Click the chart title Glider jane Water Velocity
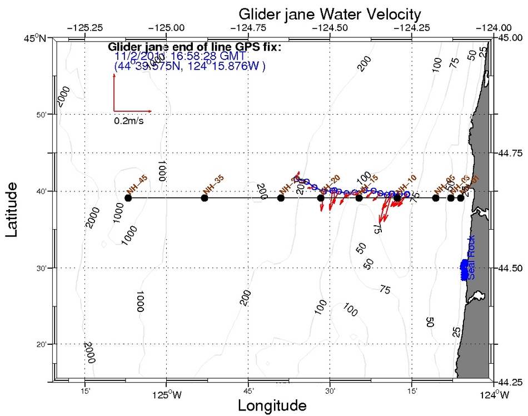[x=330, y=13]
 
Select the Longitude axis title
[x=272, y=405]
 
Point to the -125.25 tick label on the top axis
[x=84, y=27]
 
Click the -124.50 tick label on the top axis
[x=331, y=27]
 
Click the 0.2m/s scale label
[x=128, y=120]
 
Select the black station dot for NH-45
[x=128, y=197]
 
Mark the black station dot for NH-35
[x=205, y=197]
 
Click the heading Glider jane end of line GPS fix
[x=195, y=47]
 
